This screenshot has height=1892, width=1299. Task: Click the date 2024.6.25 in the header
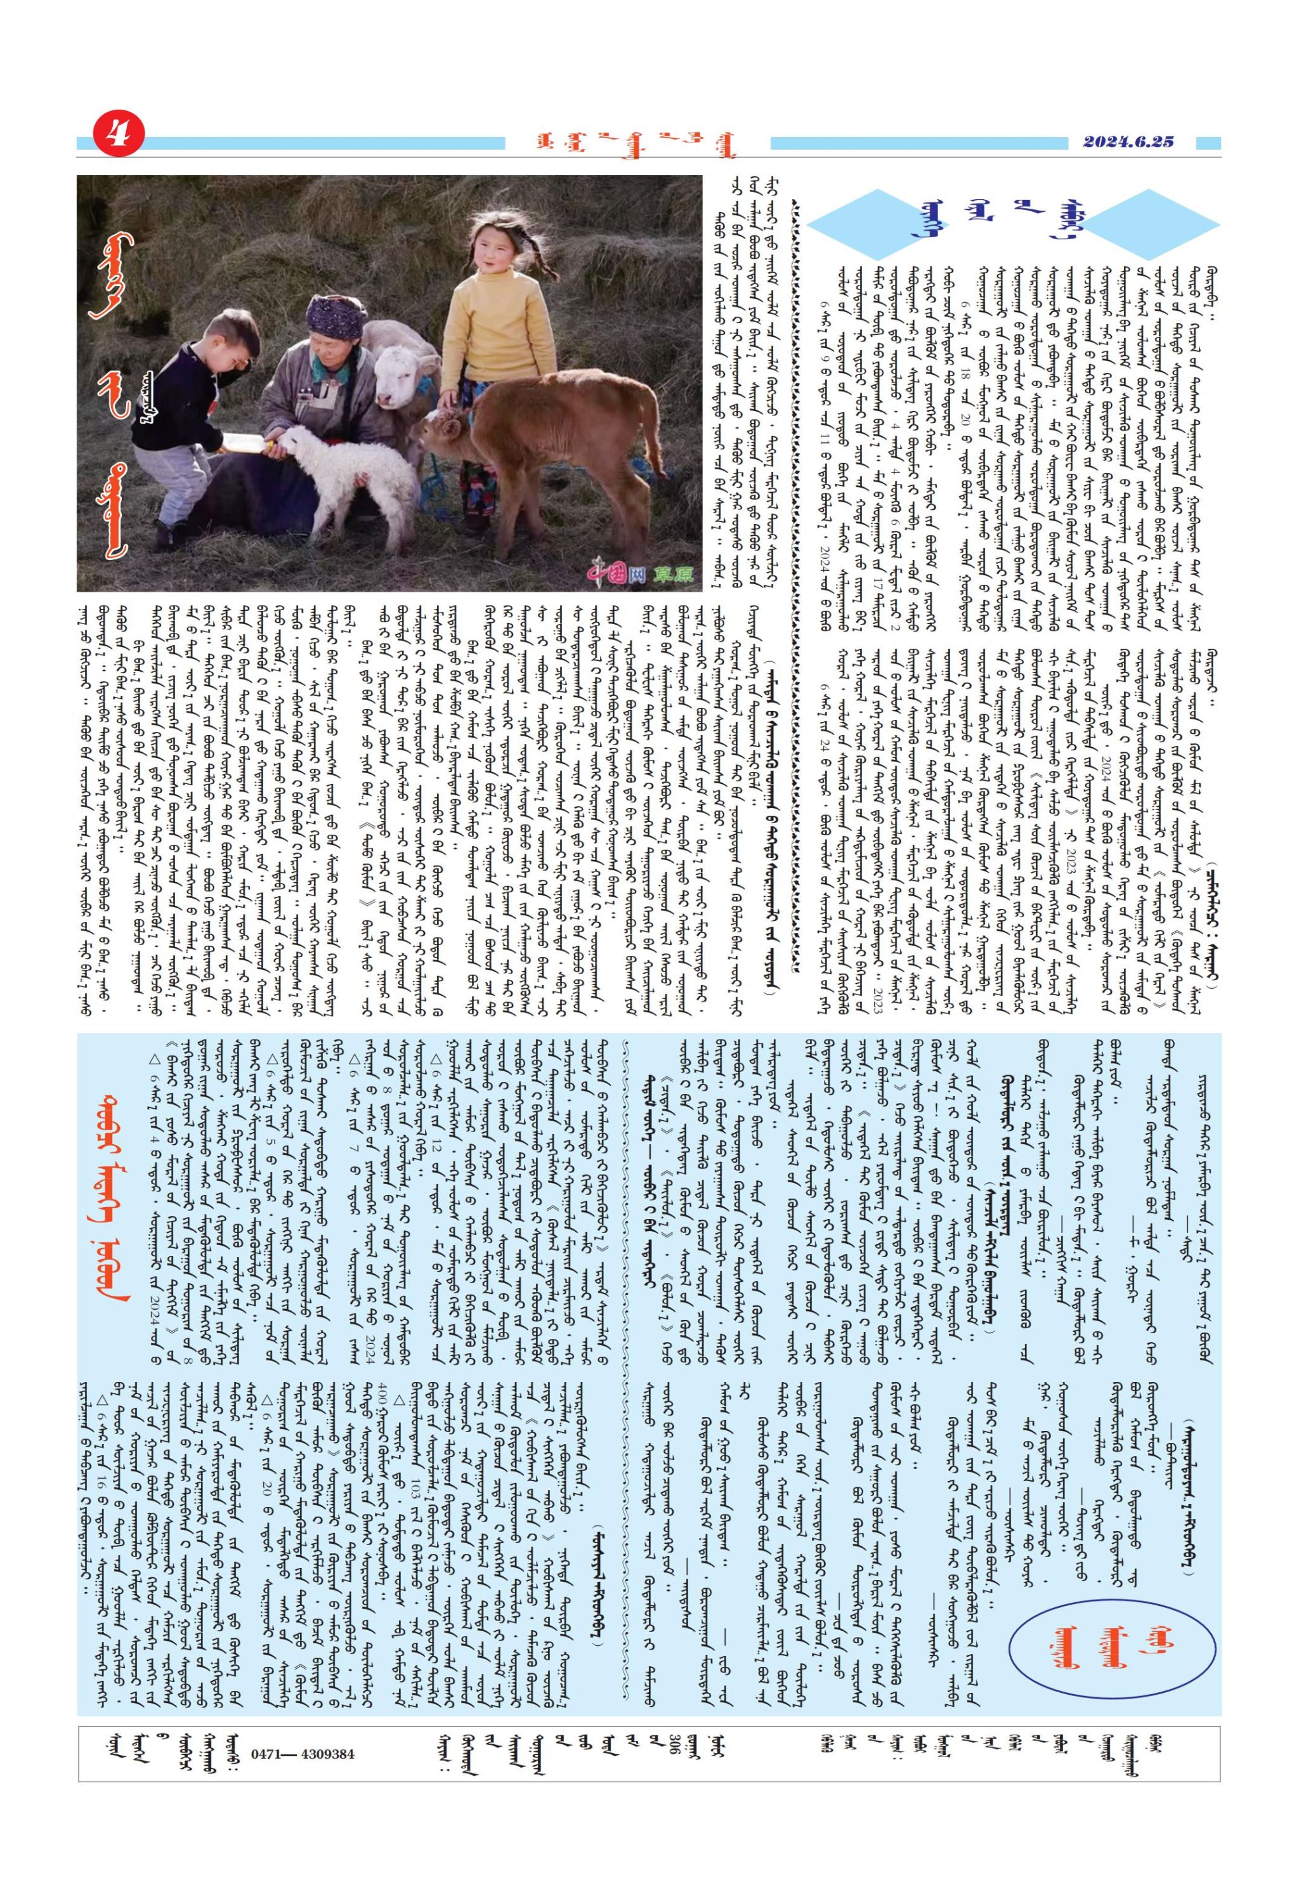(x=1128, y=141)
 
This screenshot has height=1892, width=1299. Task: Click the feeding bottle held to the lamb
(x=252, y=442)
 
